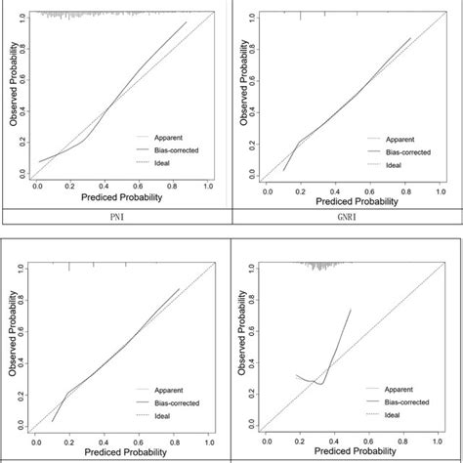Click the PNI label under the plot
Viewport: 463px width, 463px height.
[116, 217]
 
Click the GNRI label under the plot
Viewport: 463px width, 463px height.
[346, 217]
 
